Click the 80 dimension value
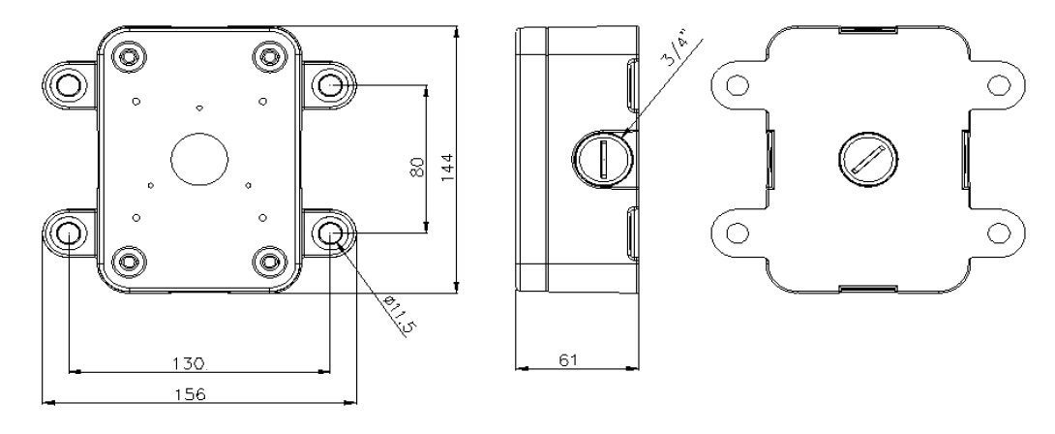[x=417, y=167]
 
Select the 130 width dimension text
[x=187, y=363]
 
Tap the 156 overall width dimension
[x=191, y=394]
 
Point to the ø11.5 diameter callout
[x=399, y=316]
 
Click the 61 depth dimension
[x=568, y=359]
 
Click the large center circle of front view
[x=199, y=160]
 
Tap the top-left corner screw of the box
[x=129, y=55]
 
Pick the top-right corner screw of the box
[x=269, y=55]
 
